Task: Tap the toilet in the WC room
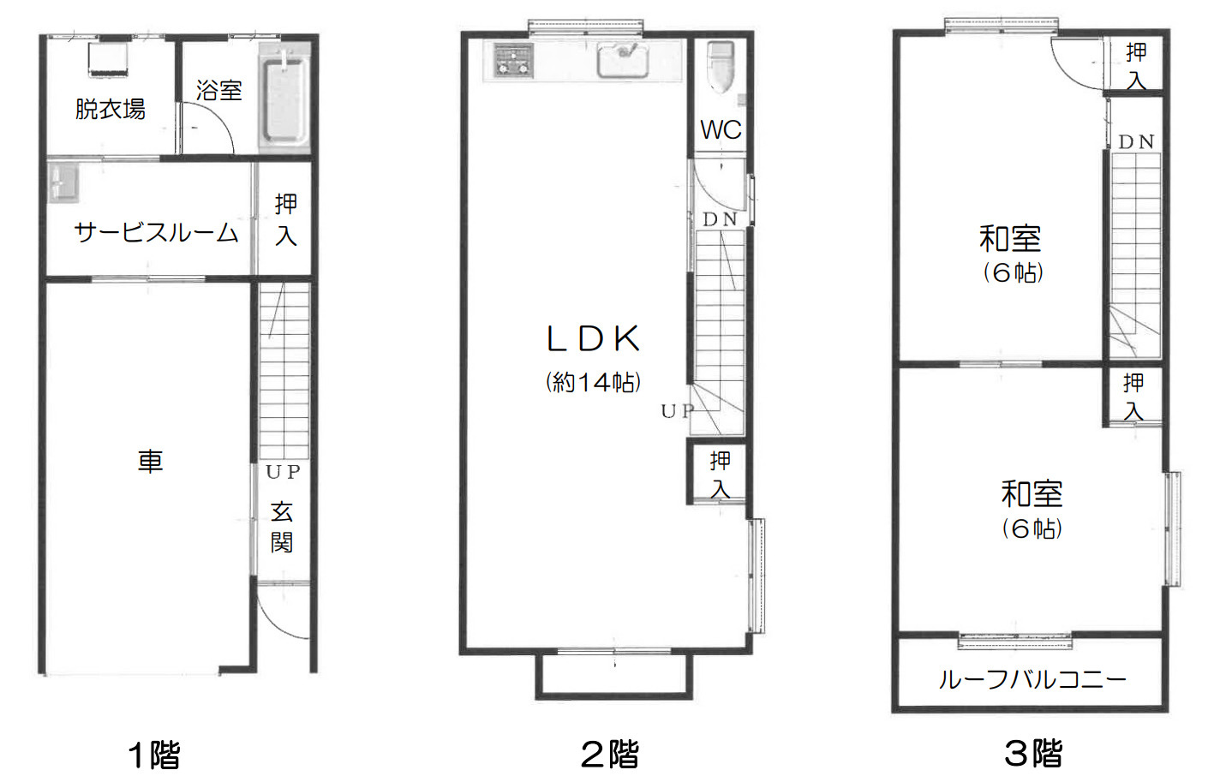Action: pyautogui.click(x=721, y=67)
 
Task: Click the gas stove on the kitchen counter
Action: pyautogui.click(x=513, y=60)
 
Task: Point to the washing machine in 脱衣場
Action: pyautogui.click(x=108, y=59)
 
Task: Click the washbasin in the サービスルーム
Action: pyautogui.click(x=63, y=182)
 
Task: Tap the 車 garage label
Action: pyautogui.click(x=150, y=462)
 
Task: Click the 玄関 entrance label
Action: pyautogui.click(x=282, y=528)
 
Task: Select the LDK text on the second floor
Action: pyautogui.click(x=594, y=338)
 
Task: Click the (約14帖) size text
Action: pyautogui.click(x=594, y=383)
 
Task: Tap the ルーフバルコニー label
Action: pyautogui.click(x=1032, y=680)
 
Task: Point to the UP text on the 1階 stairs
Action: pyautogui.click(x=283, y=472)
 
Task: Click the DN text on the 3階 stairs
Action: pyautogui.click(x=1136, y=142)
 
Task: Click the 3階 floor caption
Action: pyautogui.click(x=1033, y=754)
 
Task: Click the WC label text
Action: pyautogui.click(x=721, y=130)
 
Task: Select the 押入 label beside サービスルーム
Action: pyautogui.click(x=285, y=220)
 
